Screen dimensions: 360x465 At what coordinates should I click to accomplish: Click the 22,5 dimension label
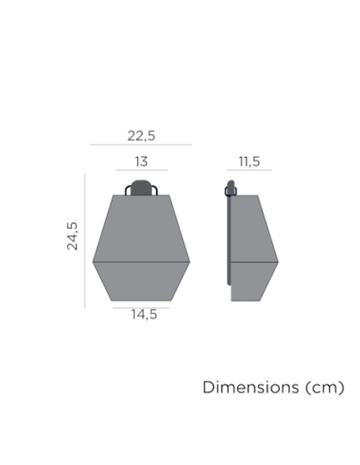141,136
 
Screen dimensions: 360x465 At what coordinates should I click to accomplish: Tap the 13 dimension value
142,162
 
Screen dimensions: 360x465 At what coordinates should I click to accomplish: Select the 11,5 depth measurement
249,162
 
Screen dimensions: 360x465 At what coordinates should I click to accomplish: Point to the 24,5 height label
72,236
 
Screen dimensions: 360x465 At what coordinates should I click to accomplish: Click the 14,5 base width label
144,315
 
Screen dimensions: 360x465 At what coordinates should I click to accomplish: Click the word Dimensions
250,387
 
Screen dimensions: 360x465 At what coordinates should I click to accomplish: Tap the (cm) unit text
325,387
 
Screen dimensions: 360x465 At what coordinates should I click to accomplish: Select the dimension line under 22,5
141,145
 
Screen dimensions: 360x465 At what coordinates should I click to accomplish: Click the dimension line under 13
142,170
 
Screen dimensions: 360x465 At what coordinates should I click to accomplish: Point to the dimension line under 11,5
249,170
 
